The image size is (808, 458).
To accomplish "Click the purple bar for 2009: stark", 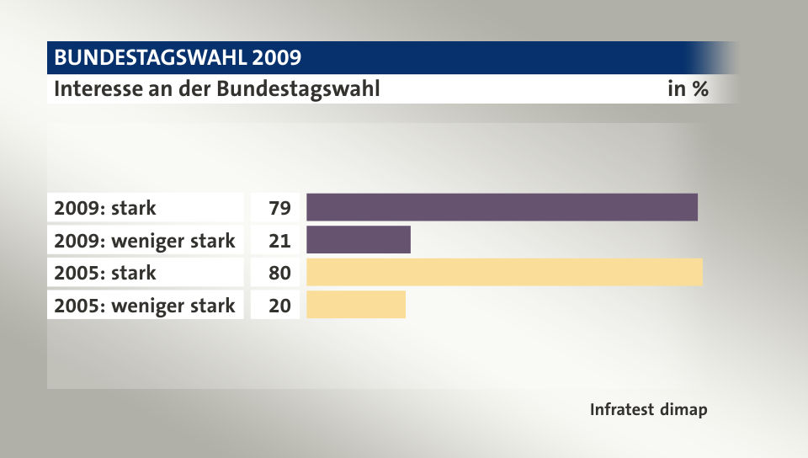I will (502, 207).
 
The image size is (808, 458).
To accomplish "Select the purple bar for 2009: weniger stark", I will (359, 240).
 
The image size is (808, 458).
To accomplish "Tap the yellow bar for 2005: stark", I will (504, 273).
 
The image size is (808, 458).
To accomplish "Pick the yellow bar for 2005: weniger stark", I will (356, 305).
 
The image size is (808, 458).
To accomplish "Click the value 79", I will (279, 207).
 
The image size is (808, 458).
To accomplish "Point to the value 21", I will (279, 240).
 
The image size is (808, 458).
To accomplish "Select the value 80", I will (279, 273).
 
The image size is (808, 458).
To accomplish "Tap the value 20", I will (279, 305).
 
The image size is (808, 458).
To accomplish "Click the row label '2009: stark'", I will (105, 207).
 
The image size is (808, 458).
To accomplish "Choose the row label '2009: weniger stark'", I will (144, 240).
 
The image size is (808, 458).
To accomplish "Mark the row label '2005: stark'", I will (105, 273).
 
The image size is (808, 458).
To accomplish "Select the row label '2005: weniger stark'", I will (144, 305).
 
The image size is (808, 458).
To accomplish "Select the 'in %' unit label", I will (688, 88).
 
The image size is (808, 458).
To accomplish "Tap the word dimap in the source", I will (684, 410).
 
